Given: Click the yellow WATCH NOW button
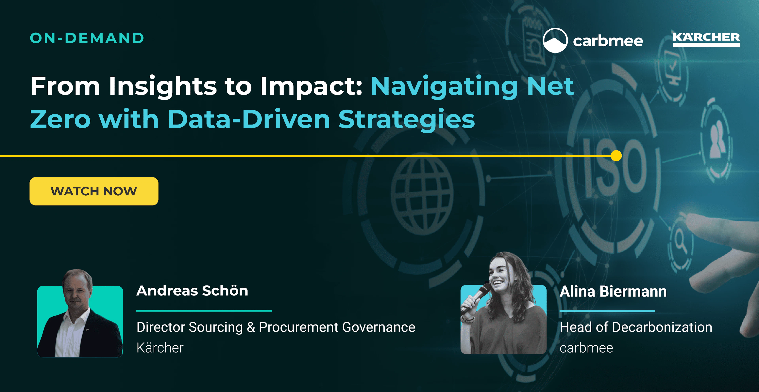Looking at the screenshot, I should point(94,191).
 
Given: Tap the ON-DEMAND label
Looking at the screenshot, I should point(87,38).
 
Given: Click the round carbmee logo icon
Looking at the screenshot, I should point(555,40).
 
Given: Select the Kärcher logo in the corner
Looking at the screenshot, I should point(706,39).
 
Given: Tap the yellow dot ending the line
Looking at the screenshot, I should point(616,156).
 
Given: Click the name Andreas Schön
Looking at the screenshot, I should point(192,291).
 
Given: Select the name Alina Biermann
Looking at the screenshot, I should point(613,292).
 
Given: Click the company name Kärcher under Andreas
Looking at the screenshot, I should point(160,348).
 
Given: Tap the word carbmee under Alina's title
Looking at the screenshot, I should point(586,348).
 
